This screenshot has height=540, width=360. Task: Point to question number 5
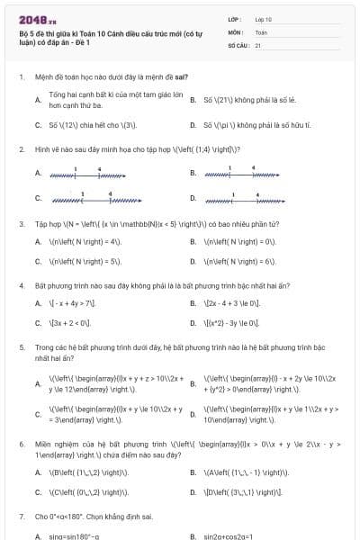22,346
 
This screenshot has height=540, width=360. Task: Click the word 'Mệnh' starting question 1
43,76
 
